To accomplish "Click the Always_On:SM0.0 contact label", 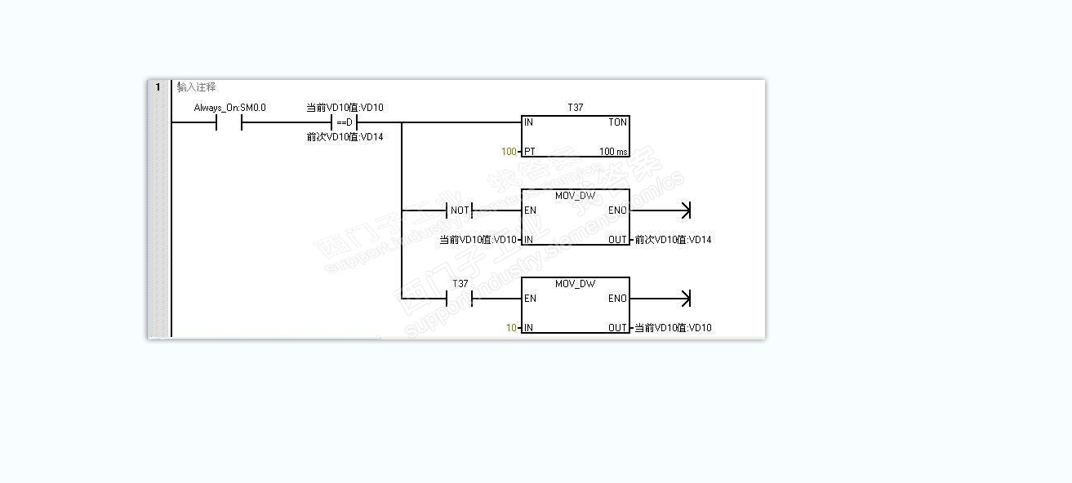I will (x=229, y=108).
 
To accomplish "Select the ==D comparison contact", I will (x=345, y=122).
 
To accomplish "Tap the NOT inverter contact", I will (x=460, y=210).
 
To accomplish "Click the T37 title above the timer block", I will (x=575, y=108).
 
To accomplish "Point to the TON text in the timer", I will (x=617, y=122).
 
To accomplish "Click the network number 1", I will (x=157, y=86).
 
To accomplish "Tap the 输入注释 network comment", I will (x=197, y=86).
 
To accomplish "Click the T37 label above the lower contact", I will (x=460, y=284).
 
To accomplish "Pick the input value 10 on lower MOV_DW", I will (x=511, y=328).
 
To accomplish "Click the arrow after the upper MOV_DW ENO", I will (x=684, y=210).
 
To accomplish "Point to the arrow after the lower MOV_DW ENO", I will (x=684, y=299).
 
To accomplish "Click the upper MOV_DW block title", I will (x=575, y=196).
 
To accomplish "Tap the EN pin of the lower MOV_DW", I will (x=531, y=299).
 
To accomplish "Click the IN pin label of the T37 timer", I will (x=529, y=122).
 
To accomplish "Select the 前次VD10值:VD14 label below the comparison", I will (x=345, y=137).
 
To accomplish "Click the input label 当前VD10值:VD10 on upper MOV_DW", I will (x=478, y=240).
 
